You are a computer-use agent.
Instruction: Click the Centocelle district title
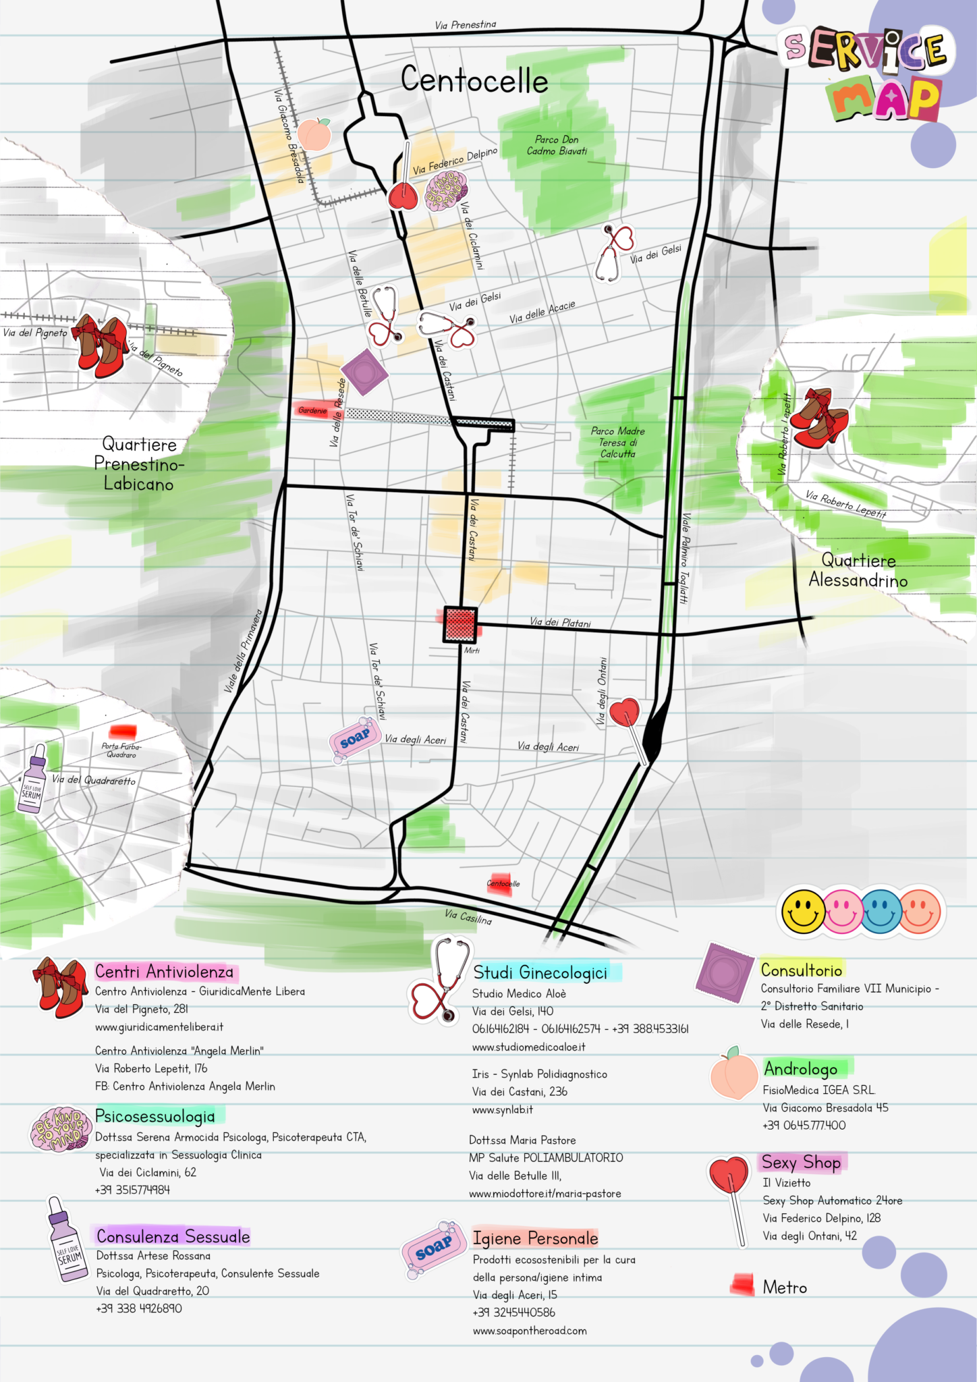pyautogui.click(x=474, y=80)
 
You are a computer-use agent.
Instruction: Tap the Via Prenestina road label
pyautogui.click(x=465, y=25)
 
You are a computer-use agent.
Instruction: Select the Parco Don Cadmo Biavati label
pyautogui.click(x=557, y=145)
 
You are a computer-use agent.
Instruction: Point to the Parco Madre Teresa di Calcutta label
pyautogui.click(x=617, y=442)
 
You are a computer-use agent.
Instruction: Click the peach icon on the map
pyautogui.click(x=314, y=134)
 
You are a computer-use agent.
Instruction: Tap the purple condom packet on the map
pyautogui.click(x=364, y=372)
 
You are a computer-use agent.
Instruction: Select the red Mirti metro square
pyautogui.click(x=460, y=625)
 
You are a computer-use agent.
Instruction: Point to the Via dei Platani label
pyautogui.click(x=560, y=622)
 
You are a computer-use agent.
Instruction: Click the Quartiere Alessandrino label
pyautogui.click(x=858, y=570)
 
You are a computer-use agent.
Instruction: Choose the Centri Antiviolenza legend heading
pyautogui.click(x=164, y=972)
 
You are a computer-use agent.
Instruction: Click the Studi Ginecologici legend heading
pyautogui.click(x=540, y=972)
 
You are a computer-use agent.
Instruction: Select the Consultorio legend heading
pyautogui.click(x=802, y=970)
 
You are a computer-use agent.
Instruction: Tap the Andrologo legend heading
pyautogui.click(x=801, y=1069)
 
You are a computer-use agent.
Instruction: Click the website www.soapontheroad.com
pyautogui.click(x=530, y=1331)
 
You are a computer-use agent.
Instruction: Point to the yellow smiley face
pyautogui.click(x=803, y=912)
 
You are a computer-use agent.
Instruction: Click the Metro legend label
pyautogui.click(x=785, y=1288)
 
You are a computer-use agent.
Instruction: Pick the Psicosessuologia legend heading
pyautogui.click(x=155, y=1116)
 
